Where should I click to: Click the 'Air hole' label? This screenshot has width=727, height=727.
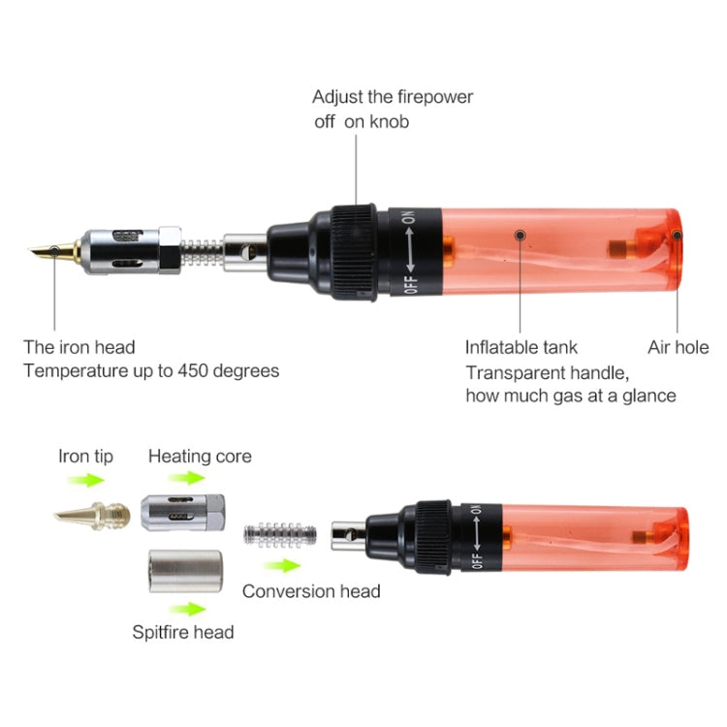[x=678, y=347]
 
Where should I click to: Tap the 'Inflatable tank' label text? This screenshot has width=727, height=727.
[x=521, y=347]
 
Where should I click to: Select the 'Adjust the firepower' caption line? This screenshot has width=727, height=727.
[x=393, y=97]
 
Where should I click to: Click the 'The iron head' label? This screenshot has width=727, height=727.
[x=79, y=347]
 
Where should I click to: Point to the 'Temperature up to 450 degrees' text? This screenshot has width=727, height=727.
[x=151, y=370]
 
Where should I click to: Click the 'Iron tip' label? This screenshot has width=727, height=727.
[x=86, y=456]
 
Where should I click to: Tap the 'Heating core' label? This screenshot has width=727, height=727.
[x=200, y=456]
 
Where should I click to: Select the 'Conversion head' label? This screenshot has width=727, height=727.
[x=311, y=590]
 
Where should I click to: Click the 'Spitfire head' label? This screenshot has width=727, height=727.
[x=183, y=632]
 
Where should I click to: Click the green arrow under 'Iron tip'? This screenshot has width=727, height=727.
[x=91, y=479]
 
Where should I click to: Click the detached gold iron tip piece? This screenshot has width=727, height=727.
[x=91, y=515]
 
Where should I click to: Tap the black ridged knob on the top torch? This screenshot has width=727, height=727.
[x=355, y=251]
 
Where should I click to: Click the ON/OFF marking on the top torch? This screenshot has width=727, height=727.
[x=409, y=251]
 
